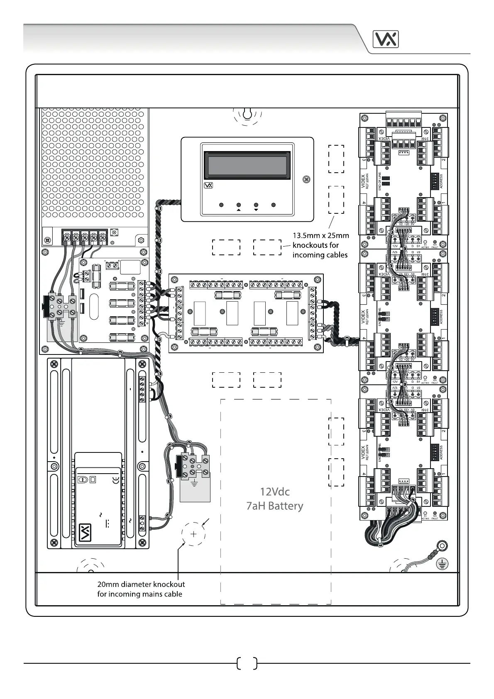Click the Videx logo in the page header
[x=386, y=39]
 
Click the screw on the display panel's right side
[x=306, y=179]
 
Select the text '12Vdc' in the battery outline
[x=274, y=492]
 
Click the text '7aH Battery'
[x=274, y=506]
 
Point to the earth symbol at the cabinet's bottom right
[x=443, y=564]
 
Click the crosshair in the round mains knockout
[x=194, y=534]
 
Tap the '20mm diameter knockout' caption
[x=141, y=584]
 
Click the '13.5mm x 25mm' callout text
[x=320, y=235]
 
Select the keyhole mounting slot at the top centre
[x=247, y=113]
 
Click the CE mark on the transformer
[x=116, y=480]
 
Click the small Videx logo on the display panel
[x=208, y=186]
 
